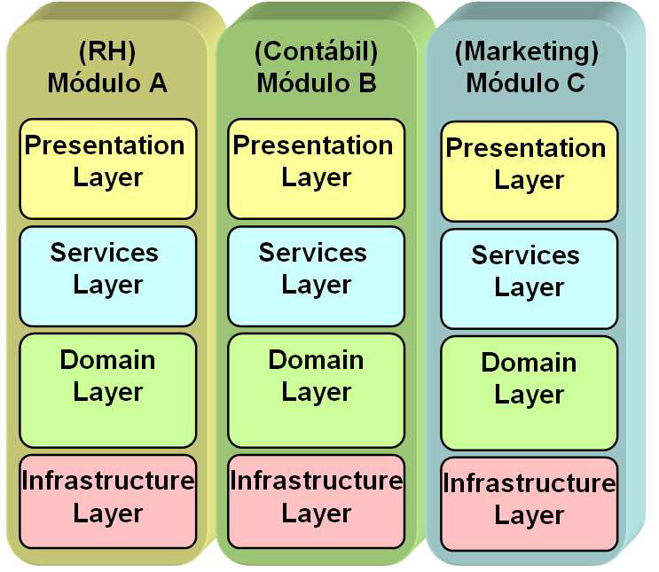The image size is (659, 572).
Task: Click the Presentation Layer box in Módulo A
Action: pyautogui.click(x=107, y=168)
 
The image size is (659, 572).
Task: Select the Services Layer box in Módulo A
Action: pyautogui.click(x=107, y=276)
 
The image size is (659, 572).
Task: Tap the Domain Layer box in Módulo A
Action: pyautogui.click(x=107, y=389)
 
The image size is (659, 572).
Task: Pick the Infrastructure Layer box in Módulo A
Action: pyautogui.click(x=107, y=500)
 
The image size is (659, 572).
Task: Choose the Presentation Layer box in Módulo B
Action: pyautogui.click(x=316, y=168)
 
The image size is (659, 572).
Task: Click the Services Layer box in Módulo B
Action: pyautogui.click(x=316, y=276)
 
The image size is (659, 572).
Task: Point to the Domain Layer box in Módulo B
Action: pyautogui.click(x=316, y=389)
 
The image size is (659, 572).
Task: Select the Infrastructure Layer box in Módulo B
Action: pyautogui.click(x=316, y=500)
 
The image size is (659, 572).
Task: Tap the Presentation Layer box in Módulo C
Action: pyautogui.click(x=529, y=171)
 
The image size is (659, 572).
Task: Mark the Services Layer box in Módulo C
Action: pyautogui.click(x=529, y=278)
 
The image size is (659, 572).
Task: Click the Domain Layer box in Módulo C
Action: pyautogui.click(x=529, y=392)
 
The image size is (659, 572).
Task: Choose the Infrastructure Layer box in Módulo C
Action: pyautogui.click(x=529, y=503)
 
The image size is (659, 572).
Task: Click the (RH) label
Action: pyautogui.click(x=107, y=52)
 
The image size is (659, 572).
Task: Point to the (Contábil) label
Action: pyautogui.click(x=316, y=52)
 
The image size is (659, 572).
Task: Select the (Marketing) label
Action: pyautogui.click(x=527, y=52)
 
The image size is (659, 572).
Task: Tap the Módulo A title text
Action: pyautogui.click(x=107, y=83)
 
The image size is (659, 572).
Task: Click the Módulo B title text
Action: pyautogui.click(x=316, y=83)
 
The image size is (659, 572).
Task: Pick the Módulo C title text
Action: pyautogui.click(x=527, y=83)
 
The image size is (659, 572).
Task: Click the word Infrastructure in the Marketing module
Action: pyautogui.click(x=529, y=484)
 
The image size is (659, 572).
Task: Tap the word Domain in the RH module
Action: pyautogui.click(x=107, y=361)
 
